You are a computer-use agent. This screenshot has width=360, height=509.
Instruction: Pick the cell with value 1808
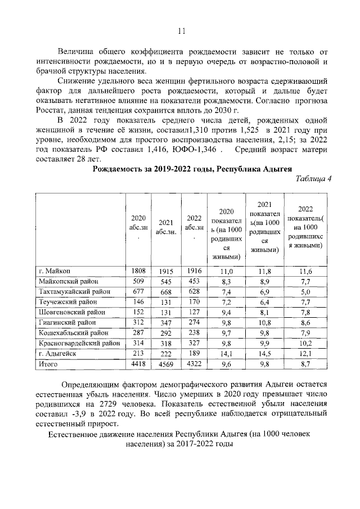138,271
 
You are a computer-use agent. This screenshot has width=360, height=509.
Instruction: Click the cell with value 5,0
305,292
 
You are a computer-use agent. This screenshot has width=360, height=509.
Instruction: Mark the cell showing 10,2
305,344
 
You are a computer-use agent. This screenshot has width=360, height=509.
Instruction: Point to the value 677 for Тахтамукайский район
138,292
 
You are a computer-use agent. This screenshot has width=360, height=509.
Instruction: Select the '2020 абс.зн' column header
138,225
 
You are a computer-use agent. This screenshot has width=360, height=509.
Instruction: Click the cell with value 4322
193,365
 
